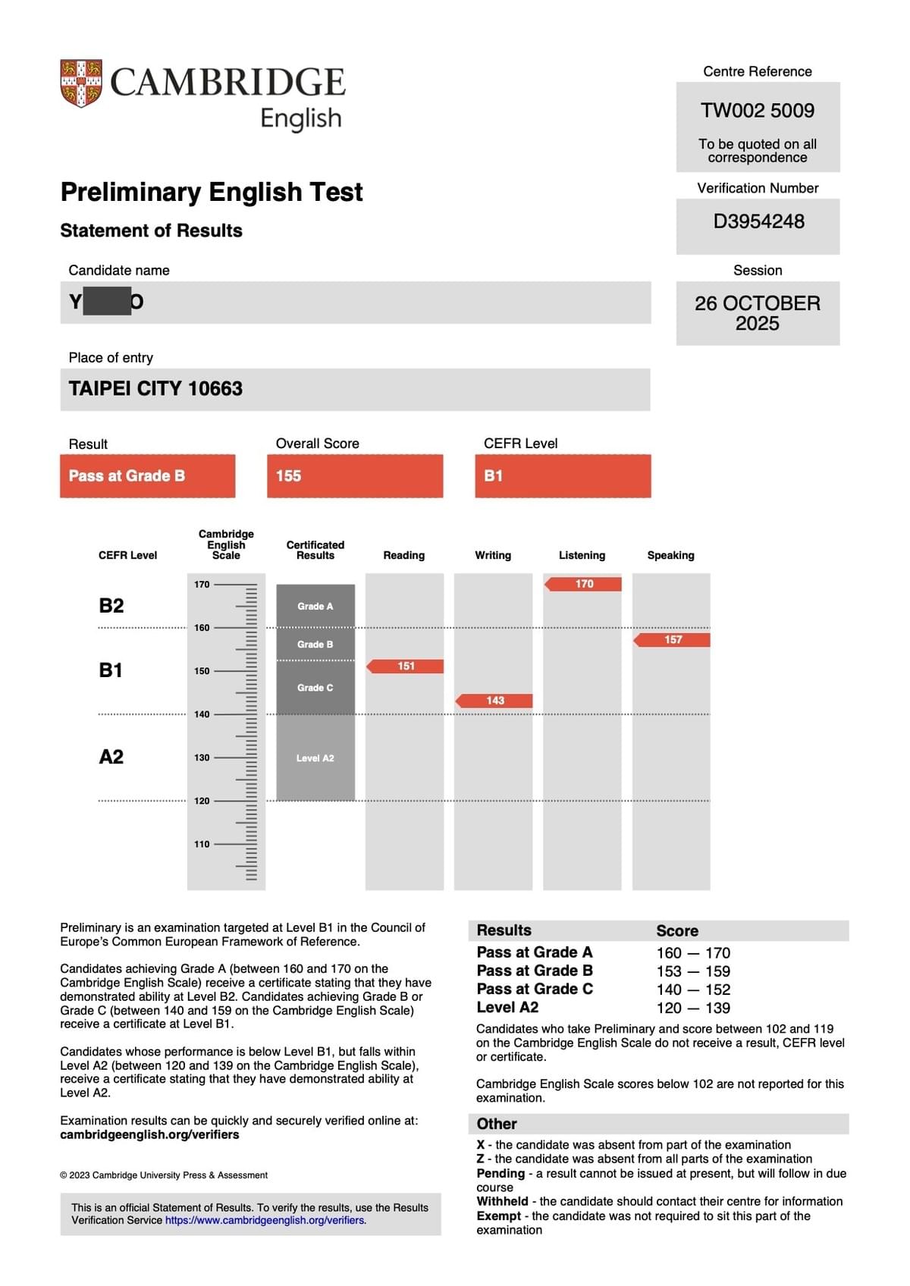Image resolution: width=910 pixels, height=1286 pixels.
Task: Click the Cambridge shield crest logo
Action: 81,83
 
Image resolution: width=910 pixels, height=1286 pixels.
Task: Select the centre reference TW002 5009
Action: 758,111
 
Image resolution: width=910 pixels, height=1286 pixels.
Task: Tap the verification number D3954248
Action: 758,221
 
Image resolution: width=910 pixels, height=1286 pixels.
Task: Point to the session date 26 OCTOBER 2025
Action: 758,313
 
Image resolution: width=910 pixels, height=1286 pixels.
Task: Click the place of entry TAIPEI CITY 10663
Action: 155,389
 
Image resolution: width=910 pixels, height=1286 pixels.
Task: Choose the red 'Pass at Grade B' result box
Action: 147,476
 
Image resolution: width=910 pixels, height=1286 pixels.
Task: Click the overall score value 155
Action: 289,476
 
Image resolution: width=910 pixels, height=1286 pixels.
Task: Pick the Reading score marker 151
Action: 406,667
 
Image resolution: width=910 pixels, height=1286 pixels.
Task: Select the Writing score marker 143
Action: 494,701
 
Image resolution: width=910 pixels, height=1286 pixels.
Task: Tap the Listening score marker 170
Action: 583,584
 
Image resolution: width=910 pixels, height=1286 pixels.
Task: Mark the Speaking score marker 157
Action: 673,640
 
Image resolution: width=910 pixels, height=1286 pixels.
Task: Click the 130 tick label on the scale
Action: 202,757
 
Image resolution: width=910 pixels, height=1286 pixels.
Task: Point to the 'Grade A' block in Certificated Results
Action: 315,607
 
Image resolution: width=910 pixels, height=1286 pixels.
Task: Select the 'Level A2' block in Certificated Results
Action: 315,758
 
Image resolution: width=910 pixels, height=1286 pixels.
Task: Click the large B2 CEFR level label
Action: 111,606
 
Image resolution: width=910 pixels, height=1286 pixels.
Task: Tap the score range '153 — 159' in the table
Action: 693,971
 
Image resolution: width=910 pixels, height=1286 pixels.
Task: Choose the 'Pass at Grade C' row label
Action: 535,990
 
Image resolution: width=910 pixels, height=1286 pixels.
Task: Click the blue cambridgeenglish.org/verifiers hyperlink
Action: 265,1221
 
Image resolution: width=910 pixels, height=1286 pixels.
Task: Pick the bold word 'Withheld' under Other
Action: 502,1202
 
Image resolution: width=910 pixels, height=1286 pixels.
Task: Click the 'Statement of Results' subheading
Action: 152,231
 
